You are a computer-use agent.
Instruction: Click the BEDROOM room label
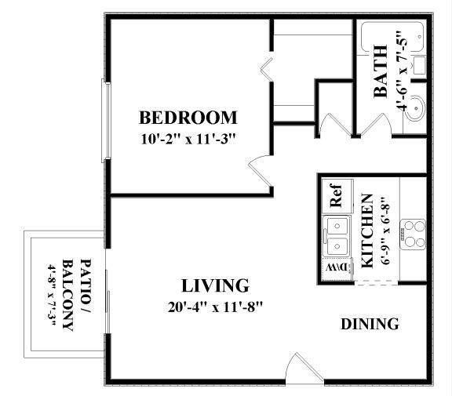click(x=188, y=118)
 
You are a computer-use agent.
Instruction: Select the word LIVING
click(x=215, y=285)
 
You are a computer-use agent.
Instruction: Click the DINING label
click(x=370, y=324)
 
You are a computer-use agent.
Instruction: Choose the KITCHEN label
click(x=367, y=228)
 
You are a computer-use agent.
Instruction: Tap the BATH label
click(x=381, y=80)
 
